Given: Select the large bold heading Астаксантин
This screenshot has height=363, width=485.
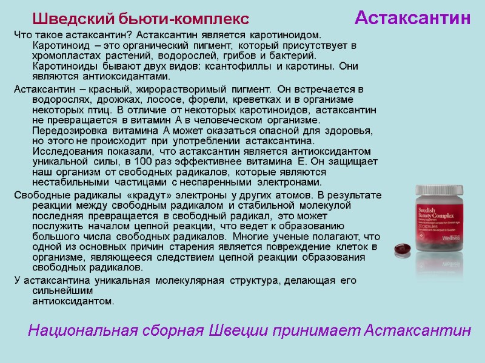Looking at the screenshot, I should (x=412, y=18).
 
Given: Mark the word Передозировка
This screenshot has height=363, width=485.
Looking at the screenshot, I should (x=69, y=131).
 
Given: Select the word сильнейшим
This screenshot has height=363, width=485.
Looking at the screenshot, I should (x=58, y=291).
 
